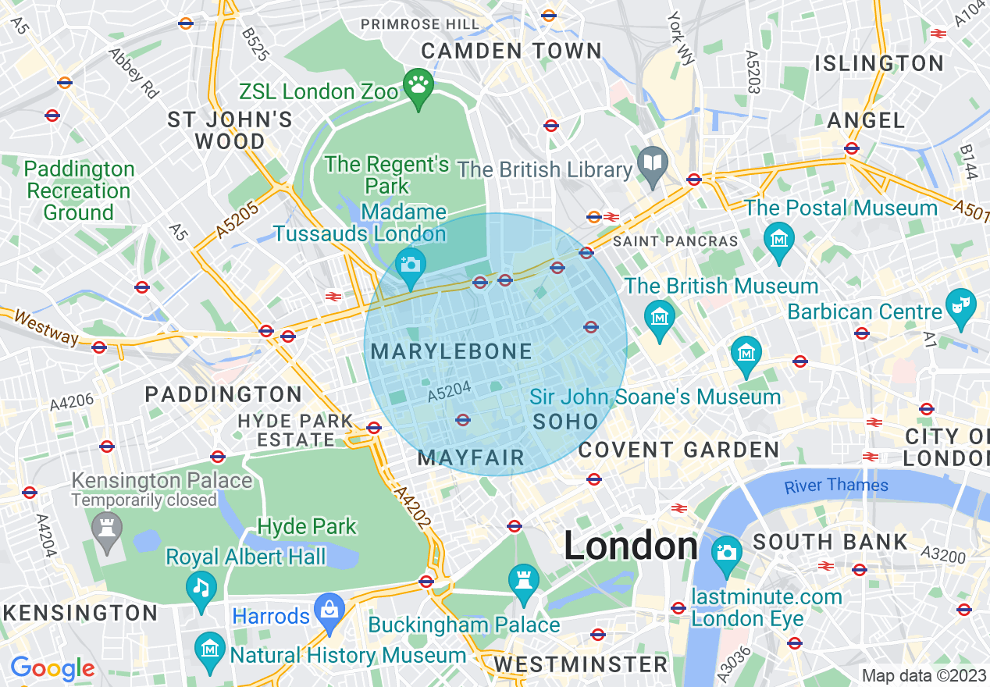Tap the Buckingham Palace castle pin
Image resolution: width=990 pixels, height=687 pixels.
coord(523,579)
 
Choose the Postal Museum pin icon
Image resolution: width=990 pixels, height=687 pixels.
coord(778,236)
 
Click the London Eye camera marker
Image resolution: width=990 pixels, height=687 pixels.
coord(727,552)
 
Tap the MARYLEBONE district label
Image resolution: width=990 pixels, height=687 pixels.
coord(451,352)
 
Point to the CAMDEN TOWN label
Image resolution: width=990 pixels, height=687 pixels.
coord(511,52)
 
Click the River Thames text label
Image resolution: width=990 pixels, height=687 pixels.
coord(836,486)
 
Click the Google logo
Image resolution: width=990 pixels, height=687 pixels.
coord(52,668)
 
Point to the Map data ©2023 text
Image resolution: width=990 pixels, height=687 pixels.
coord(924,675)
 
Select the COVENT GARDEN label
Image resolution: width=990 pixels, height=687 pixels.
coord(678,450)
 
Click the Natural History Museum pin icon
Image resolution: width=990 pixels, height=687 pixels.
coord(209,649)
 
